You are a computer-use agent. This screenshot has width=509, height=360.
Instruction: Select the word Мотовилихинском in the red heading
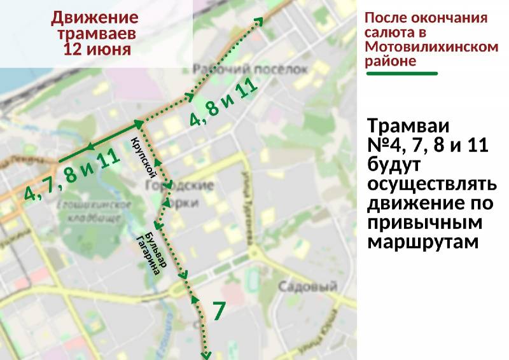(x=431, y=46)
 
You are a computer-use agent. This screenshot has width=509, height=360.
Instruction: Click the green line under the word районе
(x=401, y=74)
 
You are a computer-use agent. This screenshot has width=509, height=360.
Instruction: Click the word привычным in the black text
(x=425, y=223)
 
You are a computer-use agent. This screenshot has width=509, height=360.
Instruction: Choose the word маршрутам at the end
(x=422, y=242)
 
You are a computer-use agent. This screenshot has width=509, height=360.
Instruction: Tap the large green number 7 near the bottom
(x=218, y=312)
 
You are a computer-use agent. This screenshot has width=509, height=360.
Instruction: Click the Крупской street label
(x=144, y=155)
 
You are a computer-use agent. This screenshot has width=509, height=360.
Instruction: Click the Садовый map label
(x=307, y=287)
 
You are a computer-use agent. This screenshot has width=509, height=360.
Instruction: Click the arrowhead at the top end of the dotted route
(x=258, y=22)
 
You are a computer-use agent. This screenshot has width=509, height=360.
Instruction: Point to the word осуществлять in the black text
(x=431, y=184)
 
